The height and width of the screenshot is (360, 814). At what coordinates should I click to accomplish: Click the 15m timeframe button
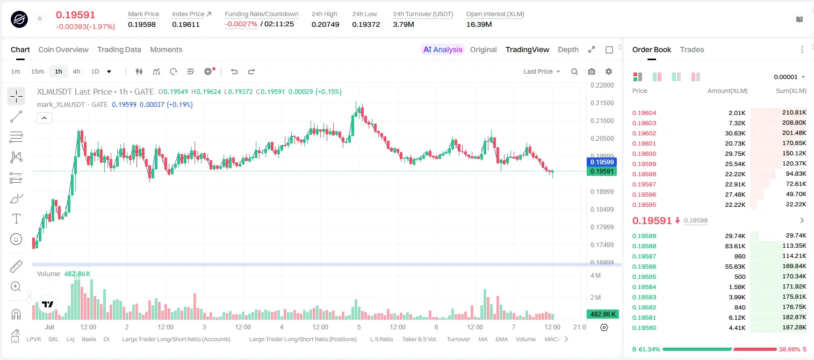click(x=38, y=71)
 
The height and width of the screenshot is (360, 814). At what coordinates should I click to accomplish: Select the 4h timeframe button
click(x=76, y=71)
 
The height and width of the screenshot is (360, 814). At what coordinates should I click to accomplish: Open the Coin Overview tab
click(x=63, y=49)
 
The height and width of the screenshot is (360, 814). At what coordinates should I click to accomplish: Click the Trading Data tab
click(x=119, y=49)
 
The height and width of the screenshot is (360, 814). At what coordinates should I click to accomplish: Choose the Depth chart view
click(x=568, y=49)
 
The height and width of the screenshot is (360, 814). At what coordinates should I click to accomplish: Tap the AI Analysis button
click(x=443, y=49)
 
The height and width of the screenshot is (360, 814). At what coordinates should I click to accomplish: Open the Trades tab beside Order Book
click(x=692, y=49)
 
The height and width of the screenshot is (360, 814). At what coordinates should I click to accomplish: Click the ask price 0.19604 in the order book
click(x=644, y=113)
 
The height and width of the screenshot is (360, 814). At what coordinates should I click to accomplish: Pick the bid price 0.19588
click(x=644, y=246)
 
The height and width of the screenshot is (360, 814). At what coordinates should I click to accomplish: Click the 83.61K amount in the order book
click(x=735, y=246)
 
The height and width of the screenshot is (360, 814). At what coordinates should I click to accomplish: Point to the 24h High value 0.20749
click(x=325, y=24)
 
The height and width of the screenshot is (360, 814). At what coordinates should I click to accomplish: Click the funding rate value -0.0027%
click(x=241, y=24)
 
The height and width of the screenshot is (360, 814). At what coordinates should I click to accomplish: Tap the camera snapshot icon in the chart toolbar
click(x=592, y=71)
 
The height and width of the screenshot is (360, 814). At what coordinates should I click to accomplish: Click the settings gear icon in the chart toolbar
click(x=609, y=71)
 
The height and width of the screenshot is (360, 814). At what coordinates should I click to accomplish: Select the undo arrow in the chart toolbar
click(x=234, y=71)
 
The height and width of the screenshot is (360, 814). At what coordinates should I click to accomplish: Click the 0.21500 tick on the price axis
click(x=602, y=103)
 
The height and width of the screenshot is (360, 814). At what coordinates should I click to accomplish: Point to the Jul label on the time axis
click(x=49, y=327)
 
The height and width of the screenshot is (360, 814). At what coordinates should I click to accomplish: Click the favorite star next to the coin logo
click(x=40, y=18)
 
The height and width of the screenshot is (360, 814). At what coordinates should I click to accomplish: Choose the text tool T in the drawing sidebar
click(x=16, y=219)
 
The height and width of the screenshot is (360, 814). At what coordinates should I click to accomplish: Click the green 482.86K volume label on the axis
click(x=602, y=314)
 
